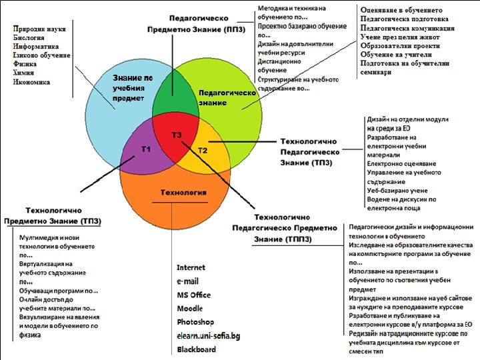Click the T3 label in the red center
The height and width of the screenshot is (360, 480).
pyautogui.click(x=177, y=135)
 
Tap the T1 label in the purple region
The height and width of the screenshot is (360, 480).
pyautogui.click(x=147, y=149)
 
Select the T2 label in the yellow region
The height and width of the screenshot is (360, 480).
pyautogui.click(x=203, y=151)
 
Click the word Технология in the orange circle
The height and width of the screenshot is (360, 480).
pyautogui.click(x=183, y=193)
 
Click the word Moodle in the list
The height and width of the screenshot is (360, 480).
pyautogui.click(x=190, y=309)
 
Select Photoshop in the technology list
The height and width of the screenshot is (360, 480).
pyautogui.click(x=195, y=322)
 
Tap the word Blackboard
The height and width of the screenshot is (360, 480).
pyautogui.click(x=197, y=349)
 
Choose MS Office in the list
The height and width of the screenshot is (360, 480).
pyautogui.click(x=193, y=295)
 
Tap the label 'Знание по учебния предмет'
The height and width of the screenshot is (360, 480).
pyautogui.click(x=133, y=88)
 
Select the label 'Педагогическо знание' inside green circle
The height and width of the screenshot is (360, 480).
pyautogui.click(x=227, y=98)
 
